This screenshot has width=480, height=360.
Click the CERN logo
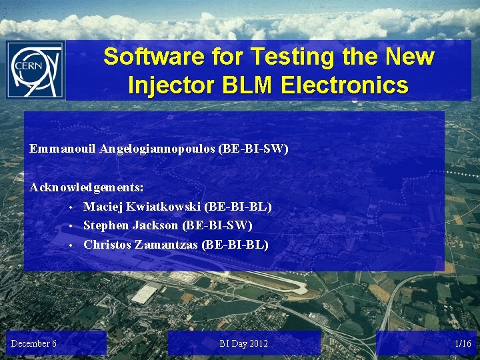35,70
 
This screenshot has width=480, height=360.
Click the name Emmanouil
63,149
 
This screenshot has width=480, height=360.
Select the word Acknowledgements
86,189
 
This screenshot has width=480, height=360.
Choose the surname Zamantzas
167,245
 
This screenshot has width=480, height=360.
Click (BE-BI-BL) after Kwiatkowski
238,207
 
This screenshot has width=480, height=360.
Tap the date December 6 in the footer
33,343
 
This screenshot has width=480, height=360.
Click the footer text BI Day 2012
243,343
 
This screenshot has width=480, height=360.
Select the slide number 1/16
462,343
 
